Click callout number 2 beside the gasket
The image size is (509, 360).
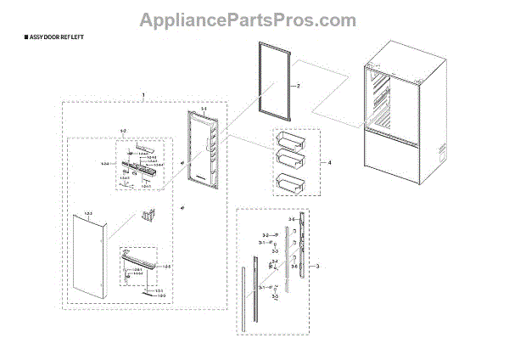coord(298,87)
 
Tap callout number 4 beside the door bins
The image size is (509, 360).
coord(328,161)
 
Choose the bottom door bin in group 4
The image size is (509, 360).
coord(288,183)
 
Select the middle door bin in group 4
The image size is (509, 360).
coord(289,160)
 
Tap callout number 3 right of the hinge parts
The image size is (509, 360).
coord(317,267)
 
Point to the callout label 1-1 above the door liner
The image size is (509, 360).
coord(204,109)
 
